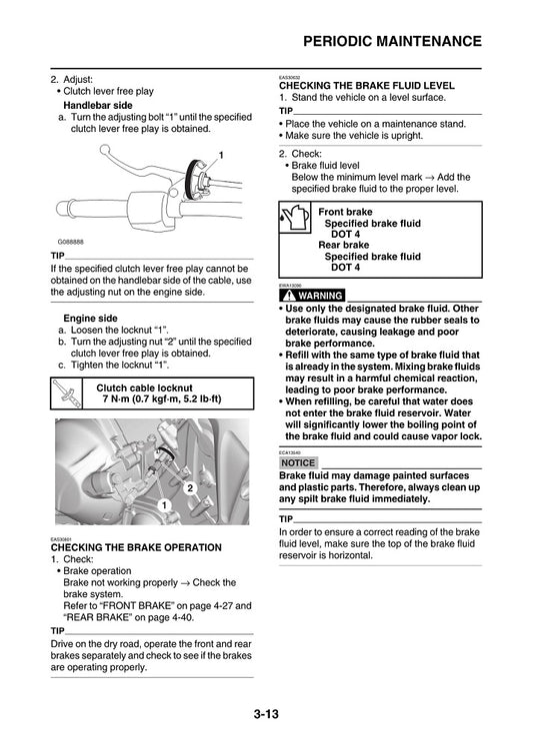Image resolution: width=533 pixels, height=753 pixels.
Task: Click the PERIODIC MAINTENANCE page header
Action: [x=392, y=41]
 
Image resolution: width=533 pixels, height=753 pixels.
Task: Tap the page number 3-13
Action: [x=266, y=714]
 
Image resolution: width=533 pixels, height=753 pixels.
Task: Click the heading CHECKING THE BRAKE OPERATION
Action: [x=135, y=547]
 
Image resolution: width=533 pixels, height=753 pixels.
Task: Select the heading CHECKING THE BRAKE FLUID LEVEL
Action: [x=366, y=86]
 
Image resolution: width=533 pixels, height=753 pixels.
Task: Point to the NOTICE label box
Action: [x=297, y=463]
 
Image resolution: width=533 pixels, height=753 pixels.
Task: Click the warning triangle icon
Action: [x=287, y=296]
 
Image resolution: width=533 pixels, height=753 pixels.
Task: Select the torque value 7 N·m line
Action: [x=161, y=399]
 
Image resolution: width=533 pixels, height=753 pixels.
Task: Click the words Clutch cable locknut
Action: [x=150, y=387]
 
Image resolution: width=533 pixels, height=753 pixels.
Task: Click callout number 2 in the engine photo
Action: [x=188, y=487]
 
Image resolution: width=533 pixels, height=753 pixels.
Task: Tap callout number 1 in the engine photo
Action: [x=162, y=505]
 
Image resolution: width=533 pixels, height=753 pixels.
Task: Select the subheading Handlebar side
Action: [x=97, y=105]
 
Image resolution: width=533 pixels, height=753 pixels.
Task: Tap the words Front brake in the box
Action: [x=345, y=213]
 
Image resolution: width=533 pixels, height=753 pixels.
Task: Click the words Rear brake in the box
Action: [x=343, y=245]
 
